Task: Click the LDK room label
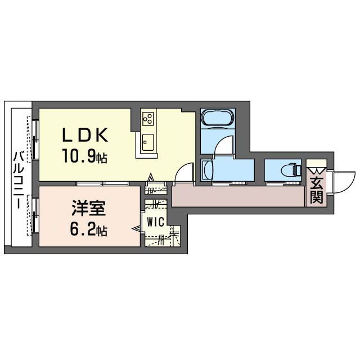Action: click(85, 135)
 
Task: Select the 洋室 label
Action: click(89, 208)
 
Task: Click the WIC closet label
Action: click(155, 222)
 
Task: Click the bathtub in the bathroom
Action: click(218, 118)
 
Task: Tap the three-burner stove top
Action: click(148, 118)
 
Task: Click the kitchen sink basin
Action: click(147, 142)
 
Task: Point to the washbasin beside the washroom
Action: click(207, 170)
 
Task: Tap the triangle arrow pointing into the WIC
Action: click(136, 228)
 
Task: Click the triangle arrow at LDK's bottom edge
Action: click(150, 178)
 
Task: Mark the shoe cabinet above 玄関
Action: click(317, 163)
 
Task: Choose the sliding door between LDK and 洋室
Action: click(102, 183)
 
